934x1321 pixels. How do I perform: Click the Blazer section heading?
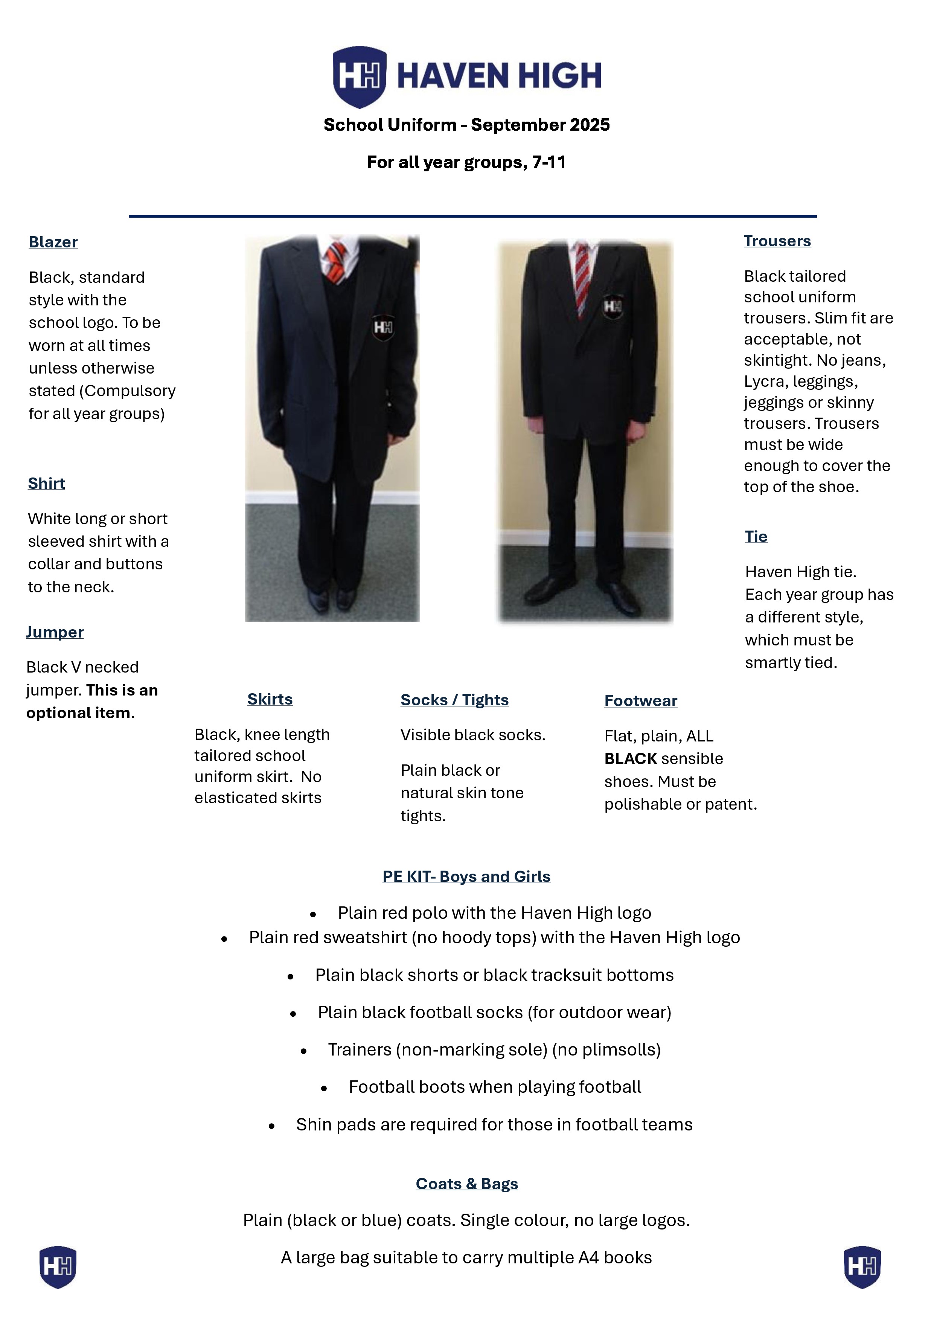[53, 242]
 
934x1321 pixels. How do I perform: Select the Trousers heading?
[777, 241]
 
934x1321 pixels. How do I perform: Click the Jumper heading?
[55, 632]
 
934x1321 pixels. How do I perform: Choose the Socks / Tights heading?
[454, 700]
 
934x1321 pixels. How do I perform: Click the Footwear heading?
[641, 701]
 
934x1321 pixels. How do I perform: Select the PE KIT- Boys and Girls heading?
[466, 876]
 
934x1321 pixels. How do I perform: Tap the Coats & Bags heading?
[466, 1184]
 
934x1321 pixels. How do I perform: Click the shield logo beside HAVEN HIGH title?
[360, 76]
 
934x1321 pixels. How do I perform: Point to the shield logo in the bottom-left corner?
[58, 1266]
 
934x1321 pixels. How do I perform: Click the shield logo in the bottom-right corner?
[862, 1266]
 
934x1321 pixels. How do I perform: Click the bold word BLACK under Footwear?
[630, 758]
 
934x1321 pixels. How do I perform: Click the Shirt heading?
[46, 483]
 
